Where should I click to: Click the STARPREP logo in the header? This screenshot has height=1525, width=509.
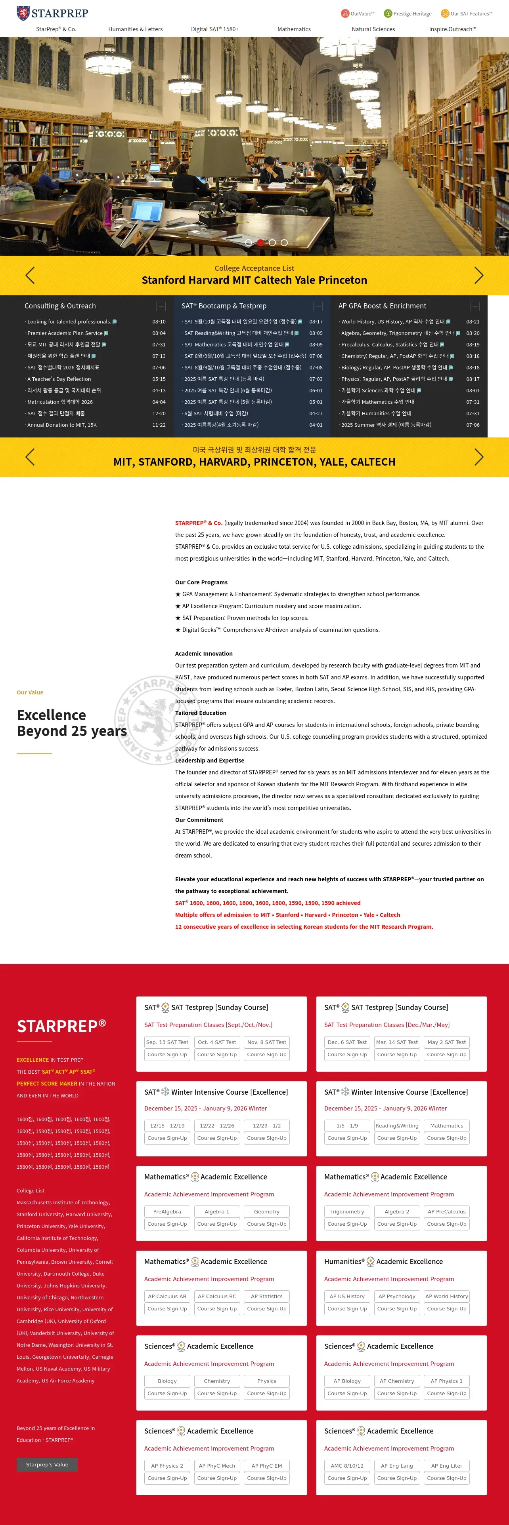[52, 13]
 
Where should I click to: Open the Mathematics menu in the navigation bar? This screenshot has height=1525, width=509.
[294, 29]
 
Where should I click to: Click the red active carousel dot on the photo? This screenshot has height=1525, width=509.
[260, 243]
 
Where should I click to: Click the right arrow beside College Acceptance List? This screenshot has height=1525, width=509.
[479, 275]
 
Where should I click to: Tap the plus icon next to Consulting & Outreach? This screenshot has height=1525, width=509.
[161, 306]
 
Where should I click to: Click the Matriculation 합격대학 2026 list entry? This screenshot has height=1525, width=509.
[60, 402]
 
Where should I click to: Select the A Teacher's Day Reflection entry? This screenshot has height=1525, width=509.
[59, 379]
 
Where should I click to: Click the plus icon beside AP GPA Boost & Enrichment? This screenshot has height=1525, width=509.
[474, 306]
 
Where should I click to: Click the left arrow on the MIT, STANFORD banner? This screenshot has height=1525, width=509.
[30, 457]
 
